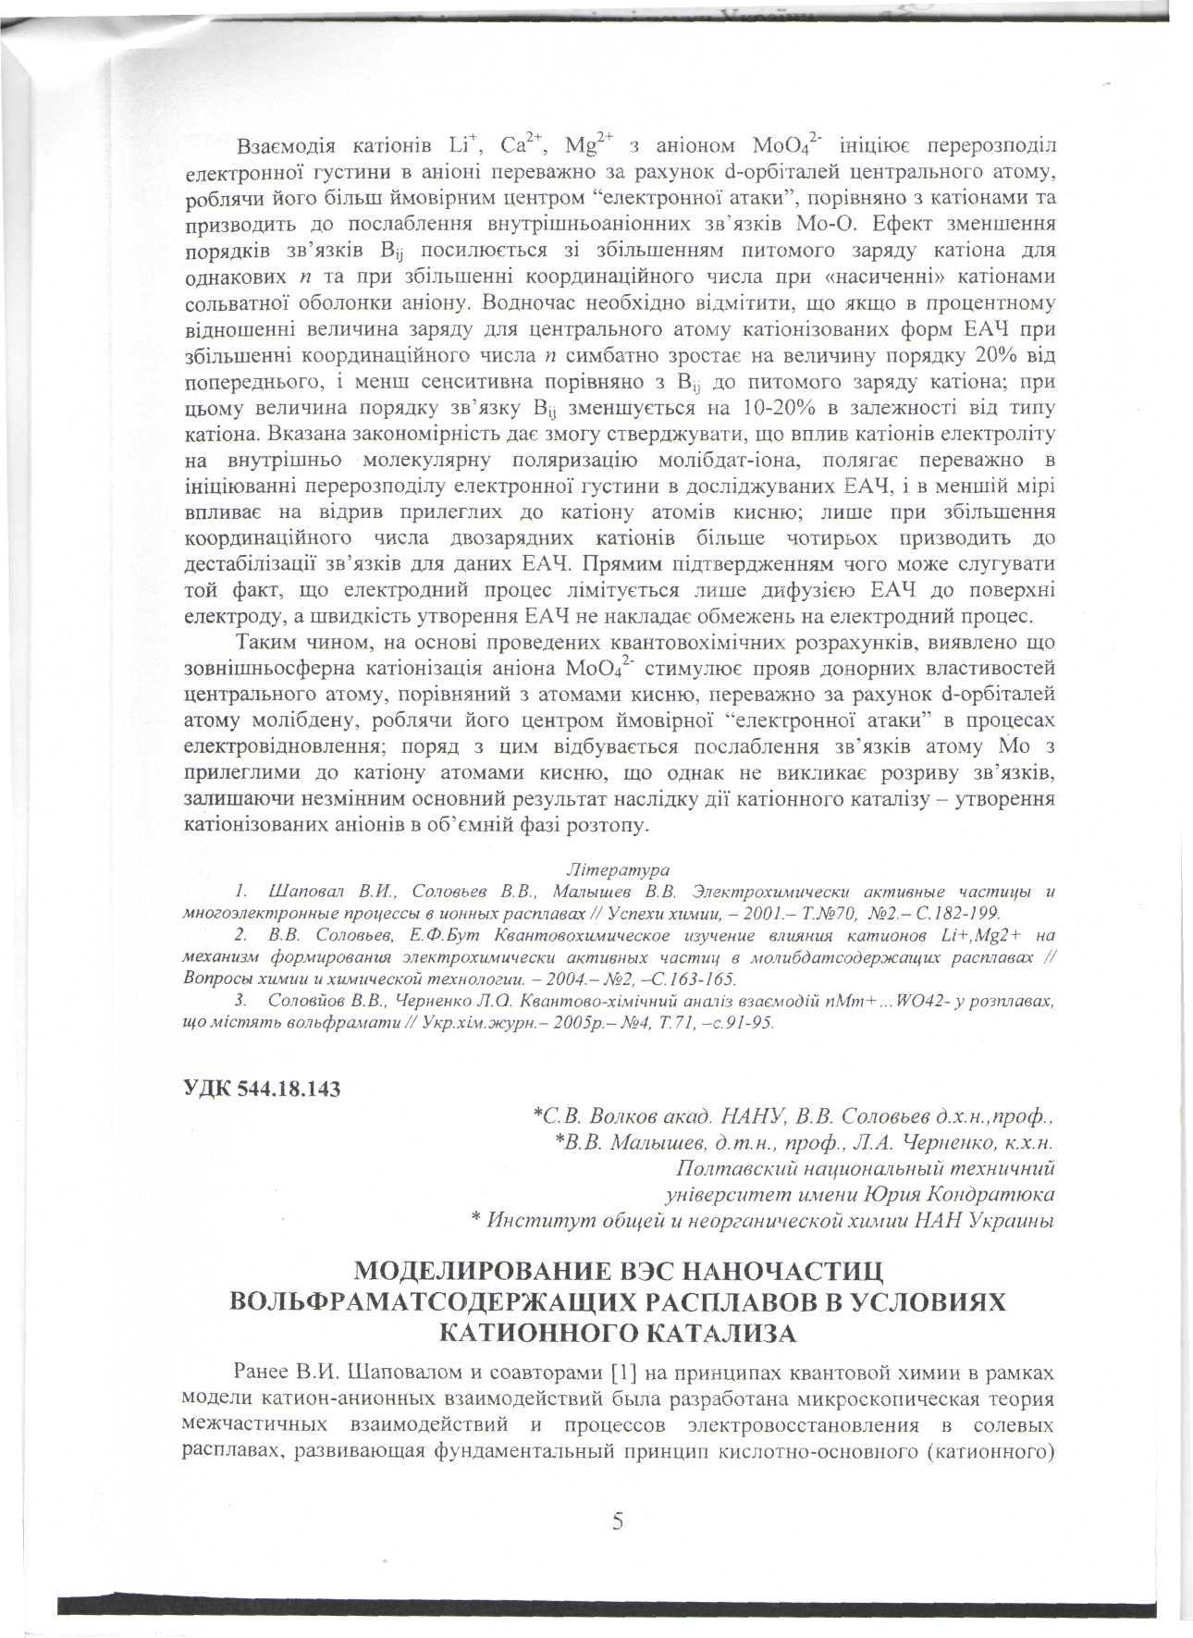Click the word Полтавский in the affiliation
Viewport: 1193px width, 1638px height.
point(730,1169)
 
